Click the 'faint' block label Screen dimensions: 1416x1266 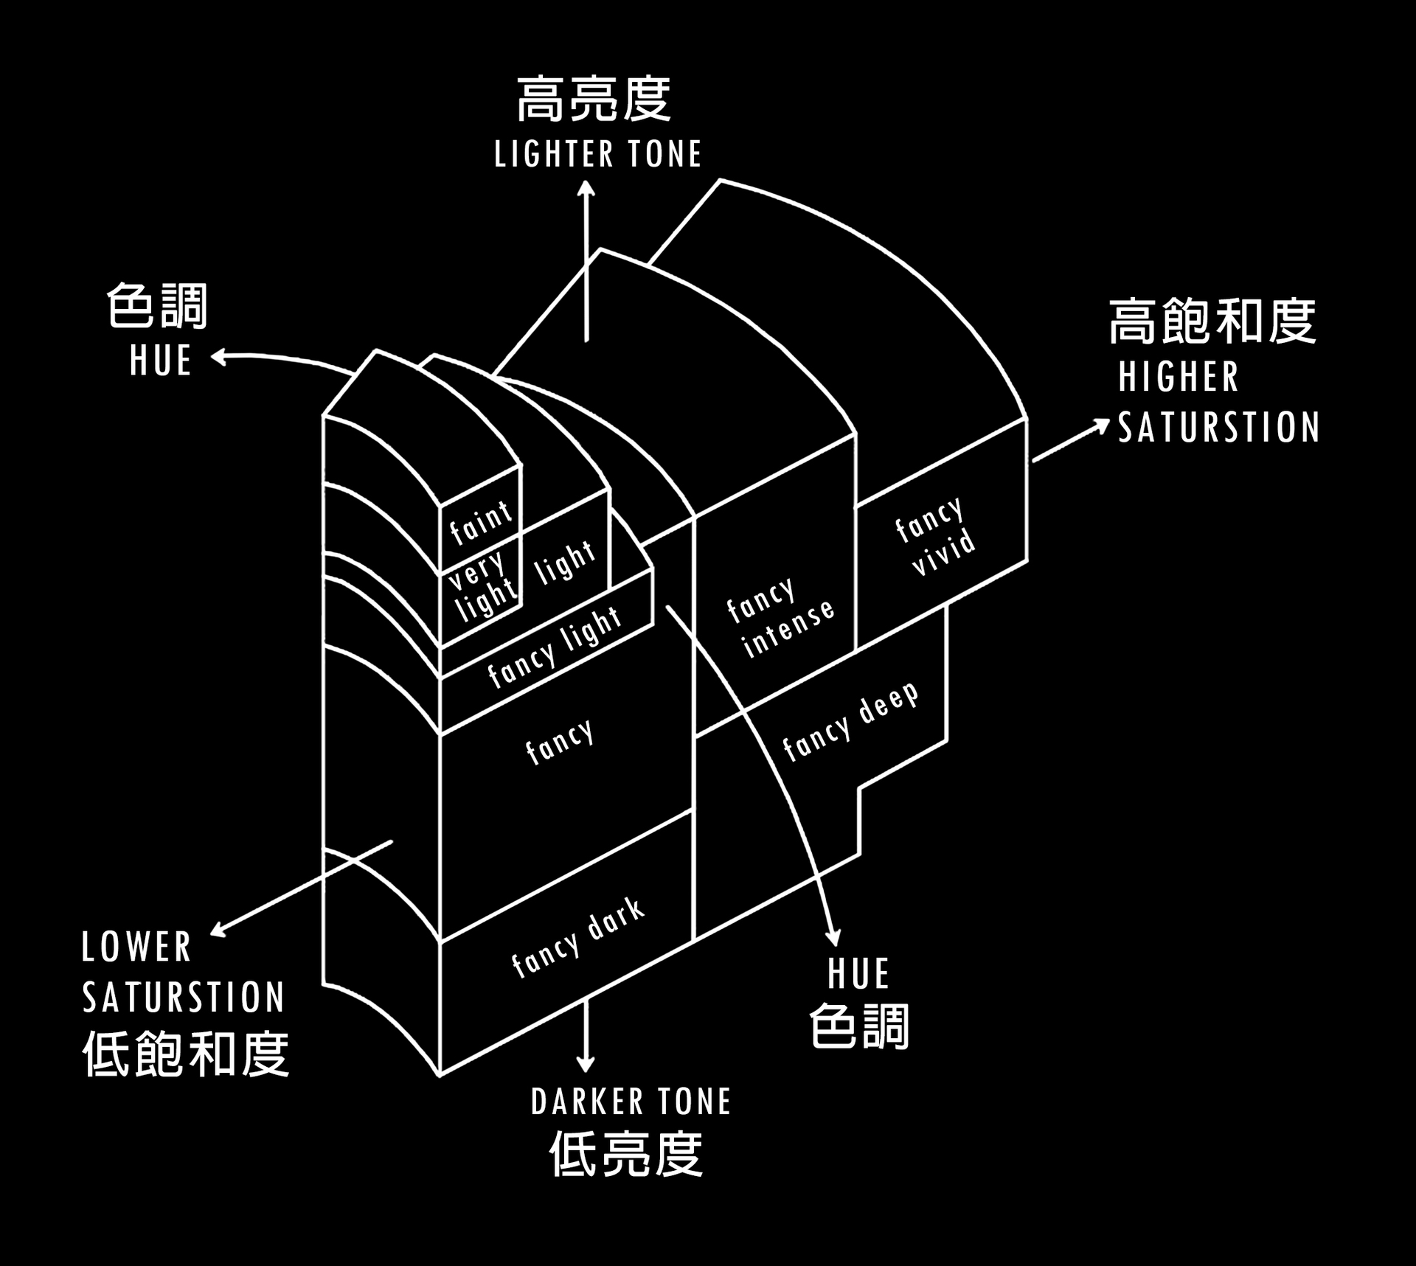[x=481, y=522]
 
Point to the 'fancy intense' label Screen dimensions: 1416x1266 [x=780, y=618]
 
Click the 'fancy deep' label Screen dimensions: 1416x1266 [x=851, y=720]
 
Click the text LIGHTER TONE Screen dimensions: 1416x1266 [x=597, y=154]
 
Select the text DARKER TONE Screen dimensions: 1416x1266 [x=631, y=1102]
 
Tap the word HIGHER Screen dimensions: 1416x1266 [x=1179, y=377]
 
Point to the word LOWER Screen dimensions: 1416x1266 [x=136, y=947]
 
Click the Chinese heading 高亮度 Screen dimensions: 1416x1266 [x=594, y=100]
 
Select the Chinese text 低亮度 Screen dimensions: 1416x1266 [x=626, y=1154]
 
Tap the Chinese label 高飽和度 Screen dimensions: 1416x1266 [x=1213, y=321]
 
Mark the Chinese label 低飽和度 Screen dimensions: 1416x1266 [x=186, y=1054]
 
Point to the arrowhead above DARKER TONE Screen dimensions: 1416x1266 [x=586, y=1063]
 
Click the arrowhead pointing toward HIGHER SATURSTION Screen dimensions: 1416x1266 [x=1100, y=425]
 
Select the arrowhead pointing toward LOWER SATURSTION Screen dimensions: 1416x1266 [x=219, y=930]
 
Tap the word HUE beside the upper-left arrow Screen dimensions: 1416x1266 [x=161, y=361]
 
